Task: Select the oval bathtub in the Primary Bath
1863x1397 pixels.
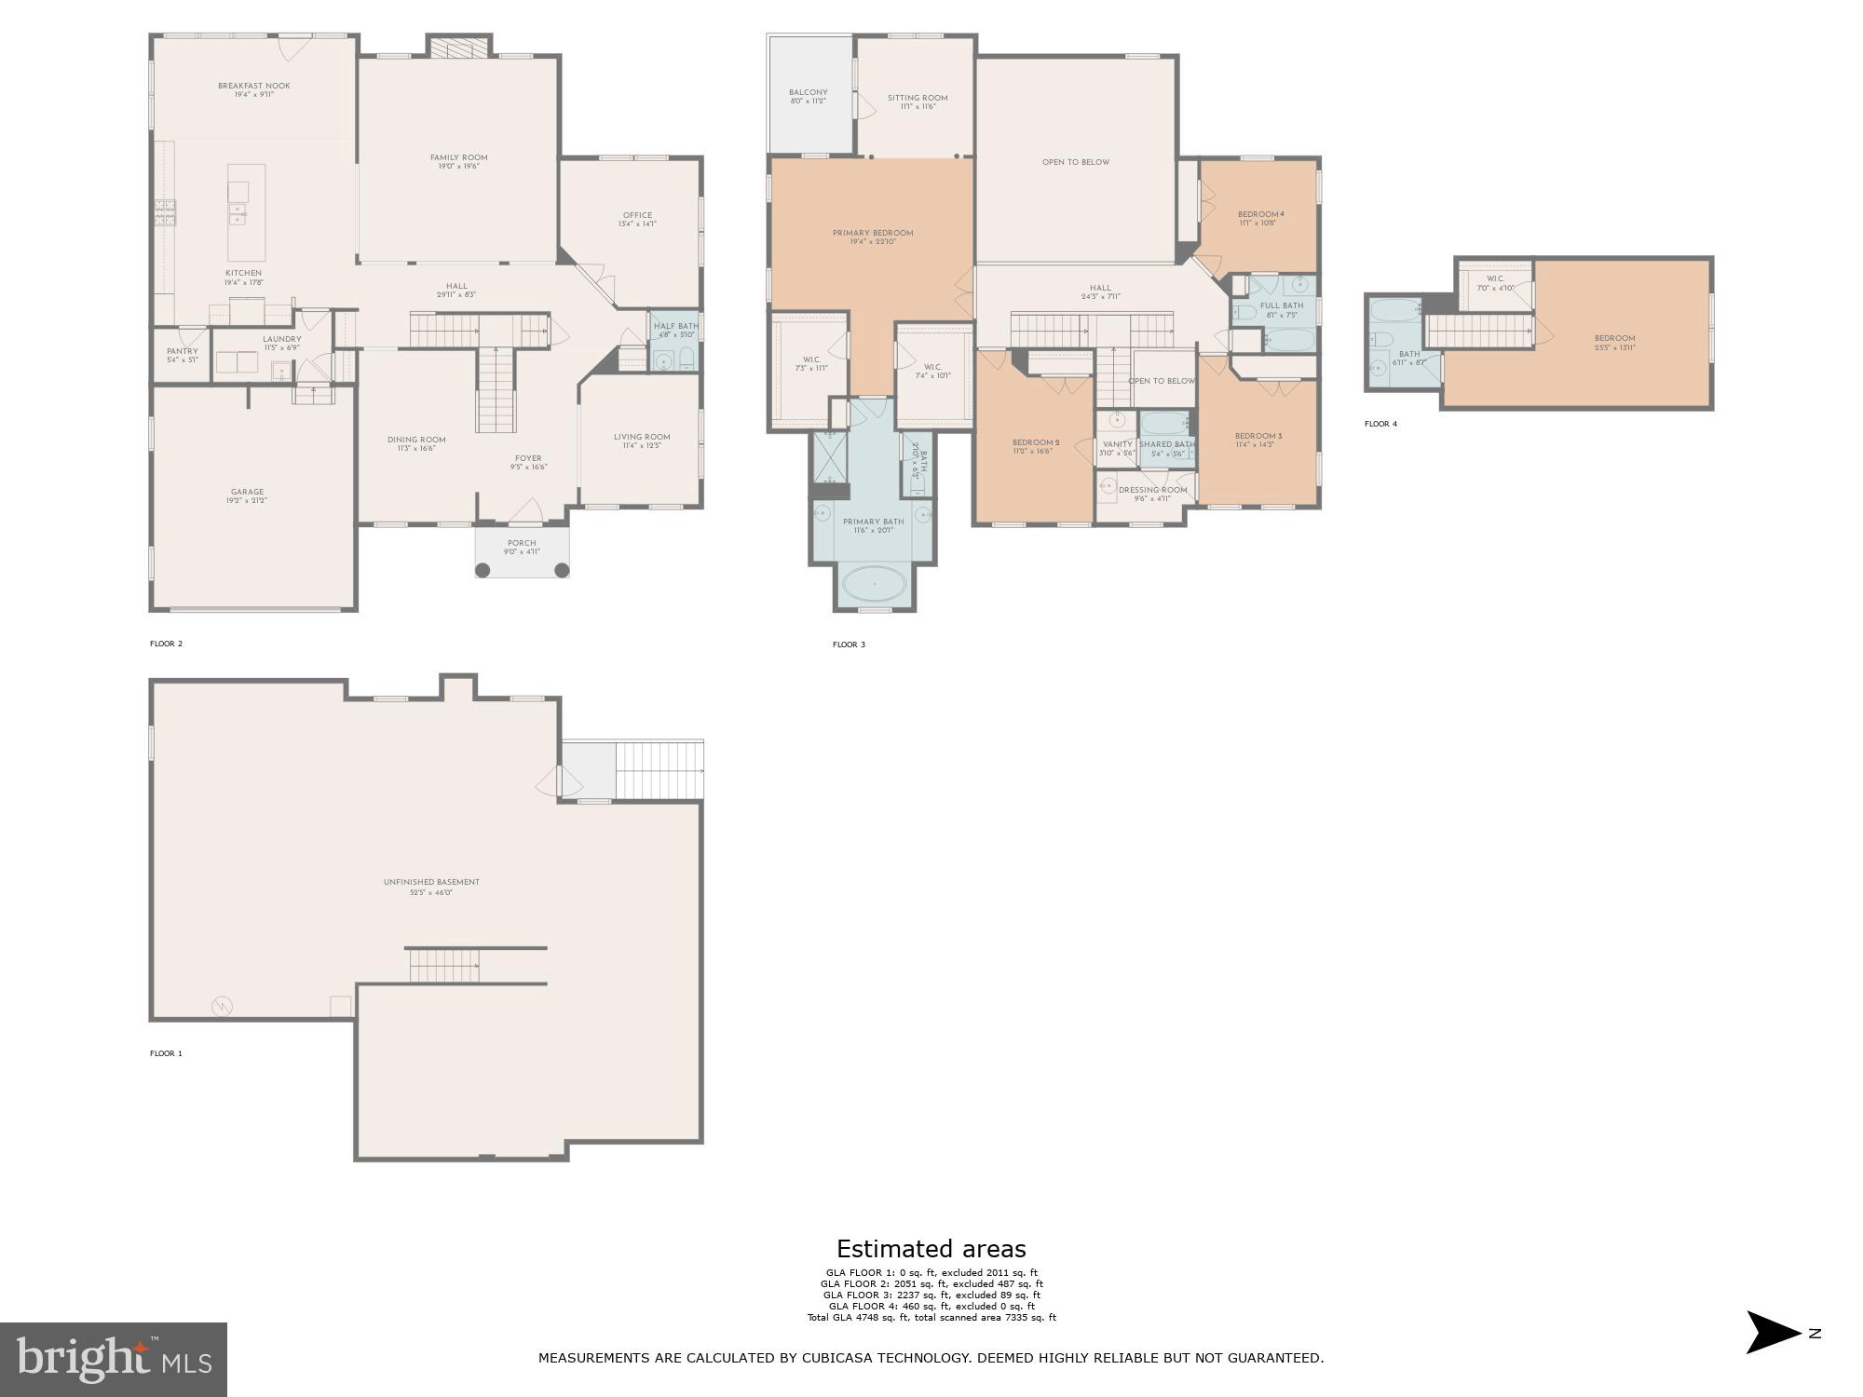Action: (x=874, y=585)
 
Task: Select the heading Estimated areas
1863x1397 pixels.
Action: (x=931, y=1249)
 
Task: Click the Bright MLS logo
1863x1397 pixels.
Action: (x=114, y=1360)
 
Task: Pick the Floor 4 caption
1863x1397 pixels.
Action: (x=1380, y=424)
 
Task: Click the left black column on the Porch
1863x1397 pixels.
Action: (x=483, y=570)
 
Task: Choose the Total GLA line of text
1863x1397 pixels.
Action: (x=931, y=1317)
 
